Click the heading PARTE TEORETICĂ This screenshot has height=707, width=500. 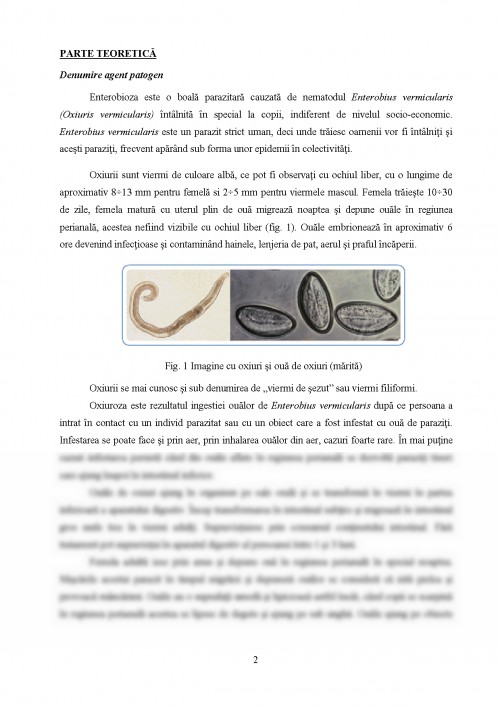click(99, 51)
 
